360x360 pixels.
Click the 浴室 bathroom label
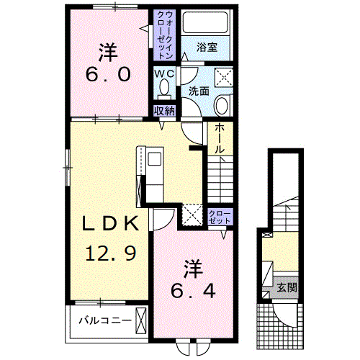(x=207, y=48)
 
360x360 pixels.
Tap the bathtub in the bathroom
(x=205, y=22)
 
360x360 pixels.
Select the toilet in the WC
(x=164, y=89)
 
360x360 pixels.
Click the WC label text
(x=164, y=73)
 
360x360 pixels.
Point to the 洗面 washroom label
(x=199, y=91)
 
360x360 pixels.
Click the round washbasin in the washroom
(x=222, y=106)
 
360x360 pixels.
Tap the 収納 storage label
(x=164, y=111)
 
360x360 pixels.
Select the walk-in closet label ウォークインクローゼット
(x=165, y=35)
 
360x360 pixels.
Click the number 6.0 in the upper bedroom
(x=108, y=74)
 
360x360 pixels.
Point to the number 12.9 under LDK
(x=111, y=253)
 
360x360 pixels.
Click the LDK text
(x=111, y=223)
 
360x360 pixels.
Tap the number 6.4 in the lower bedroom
(x=193, y=290)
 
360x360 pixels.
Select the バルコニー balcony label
(x=105, y=320)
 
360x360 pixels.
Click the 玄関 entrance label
(x=287, y=287)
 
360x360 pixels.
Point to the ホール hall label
(x=220, y=139)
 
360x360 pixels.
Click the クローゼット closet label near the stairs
(x=220, y=217)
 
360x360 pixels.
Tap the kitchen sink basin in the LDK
(x=155, y=158)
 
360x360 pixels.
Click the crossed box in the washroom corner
(x=224, y=77)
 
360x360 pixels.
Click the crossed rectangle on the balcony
(x=141, y=320)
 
